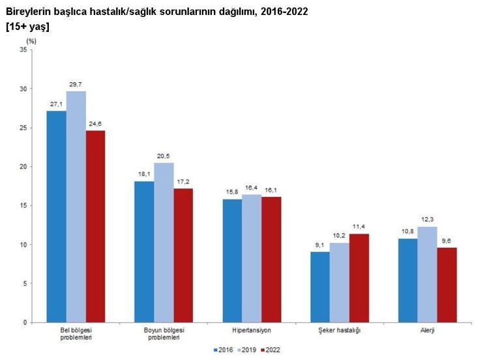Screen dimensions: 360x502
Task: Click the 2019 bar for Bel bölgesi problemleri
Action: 76,207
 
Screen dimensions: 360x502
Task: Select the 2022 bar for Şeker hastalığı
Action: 359,278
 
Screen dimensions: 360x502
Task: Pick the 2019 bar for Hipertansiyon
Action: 252,258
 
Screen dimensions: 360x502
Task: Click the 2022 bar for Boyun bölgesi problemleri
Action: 183,256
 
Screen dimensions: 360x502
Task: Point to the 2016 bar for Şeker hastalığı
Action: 320,287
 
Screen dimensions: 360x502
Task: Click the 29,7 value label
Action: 76,85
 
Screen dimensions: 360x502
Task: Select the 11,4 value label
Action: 359,227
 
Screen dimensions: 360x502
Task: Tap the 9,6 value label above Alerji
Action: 447,241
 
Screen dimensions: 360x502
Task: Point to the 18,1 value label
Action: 144,175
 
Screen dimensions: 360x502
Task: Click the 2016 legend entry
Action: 226,350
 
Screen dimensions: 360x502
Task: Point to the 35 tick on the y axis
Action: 23,50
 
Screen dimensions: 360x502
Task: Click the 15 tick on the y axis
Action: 23,205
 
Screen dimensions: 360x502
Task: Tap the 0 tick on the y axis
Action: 25,323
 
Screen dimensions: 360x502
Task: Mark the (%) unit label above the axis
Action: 31,40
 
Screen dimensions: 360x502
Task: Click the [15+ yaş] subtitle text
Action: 27,27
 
